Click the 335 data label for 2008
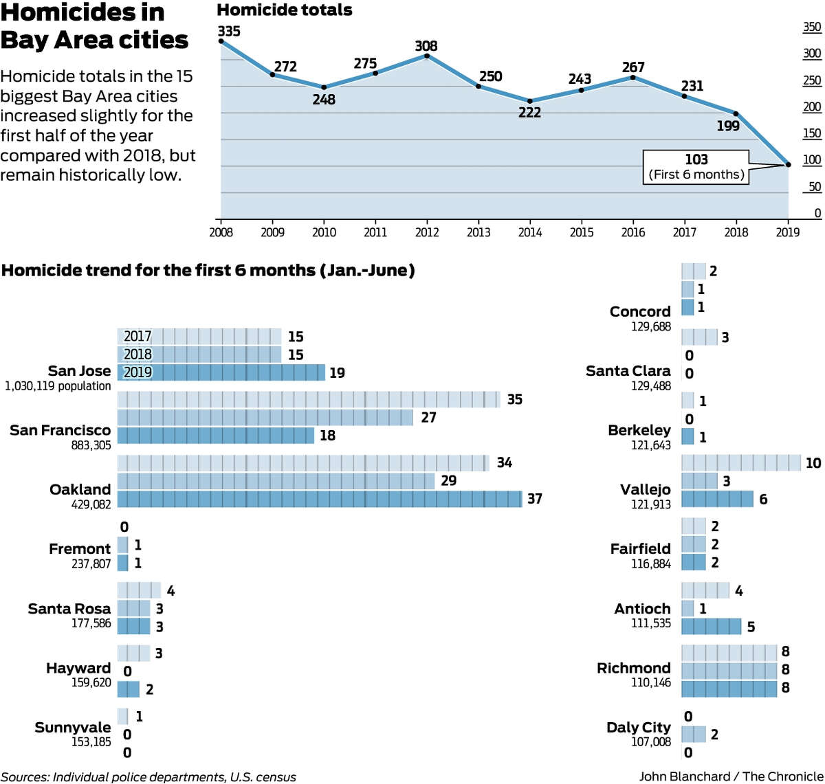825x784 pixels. tap(229, 31)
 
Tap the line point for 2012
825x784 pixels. tap(427, 56)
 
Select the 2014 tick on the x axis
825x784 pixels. tap(530, 232)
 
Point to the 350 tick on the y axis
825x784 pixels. tap(812, 27)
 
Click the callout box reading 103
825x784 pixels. tap(696, 166)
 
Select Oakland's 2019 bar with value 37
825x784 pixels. tap(320, 499)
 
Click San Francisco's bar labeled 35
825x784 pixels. tap(309, 399)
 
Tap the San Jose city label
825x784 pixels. tap(79, 371)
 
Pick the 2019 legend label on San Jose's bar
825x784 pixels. tap(137, 372)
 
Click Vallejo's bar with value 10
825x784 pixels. tap(741, 463)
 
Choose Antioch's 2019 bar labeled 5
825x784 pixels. tap(711, 627)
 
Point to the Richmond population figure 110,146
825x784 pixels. tap(650, 683)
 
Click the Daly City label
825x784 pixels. tap(638, 727)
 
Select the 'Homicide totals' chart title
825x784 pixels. tap(285, 10)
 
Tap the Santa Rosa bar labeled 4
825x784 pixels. tap(139, 591)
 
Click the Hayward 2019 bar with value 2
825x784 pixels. tap(129, 689)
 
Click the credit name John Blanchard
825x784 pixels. tap(684, 776)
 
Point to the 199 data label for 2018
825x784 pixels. tap(728, 126)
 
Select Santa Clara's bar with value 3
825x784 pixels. tap(699, 337)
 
